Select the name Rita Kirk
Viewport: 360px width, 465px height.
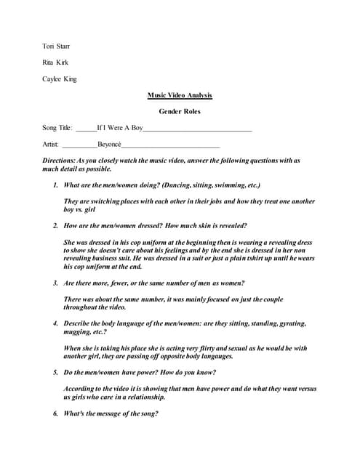55,62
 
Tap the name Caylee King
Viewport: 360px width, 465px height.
59,78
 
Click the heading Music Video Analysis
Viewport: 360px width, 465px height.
179,95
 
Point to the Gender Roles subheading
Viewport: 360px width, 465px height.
179,111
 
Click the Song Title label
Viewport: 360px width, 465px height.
57,128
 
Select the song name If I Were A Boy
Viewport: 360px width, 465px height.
119,128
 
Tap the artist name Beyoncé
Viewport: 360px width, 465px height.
113,144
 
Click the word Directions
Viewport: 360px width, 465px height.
59,160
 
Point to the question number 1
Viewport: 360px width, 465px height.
56,185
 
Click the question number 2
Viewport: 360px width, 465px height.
56,225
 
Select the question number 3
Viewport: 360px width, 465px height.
56,282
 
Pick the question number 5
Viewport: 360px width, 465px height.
56,372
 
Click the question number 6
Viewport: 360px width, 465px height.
56,413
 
